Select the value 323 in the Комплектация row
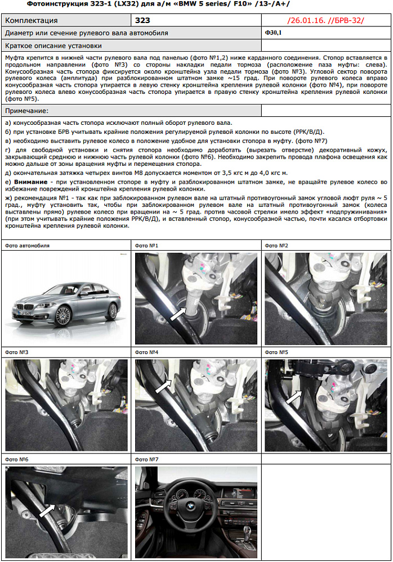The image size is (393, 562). point(143,20)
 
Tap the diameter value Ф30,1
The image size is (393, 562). point(274,33)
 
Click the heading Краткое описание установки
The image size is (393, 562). point(53,46)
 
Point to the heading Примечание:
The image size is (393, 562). point(26,111)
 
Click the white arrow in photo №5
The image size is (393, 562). point(293,398)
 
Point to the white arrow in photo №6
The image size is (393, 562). point(46,510)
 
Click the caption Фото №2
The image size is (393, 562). point(276,246)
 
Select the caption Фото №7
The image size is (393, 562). point(147,459)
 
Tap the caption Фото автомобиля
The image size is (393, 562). point(26,246)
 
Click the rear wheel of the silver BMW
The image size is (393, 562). point(112,311)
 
